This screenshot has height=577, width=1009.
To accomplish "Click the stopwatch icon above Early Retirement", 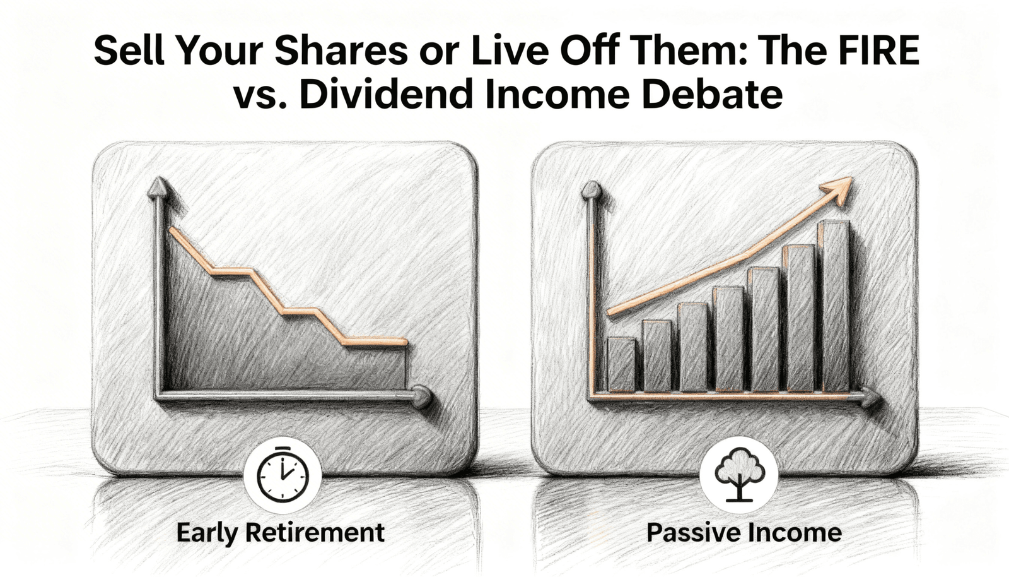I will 283,475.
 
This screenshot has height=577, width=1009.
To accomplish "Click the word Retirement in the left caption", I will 315,533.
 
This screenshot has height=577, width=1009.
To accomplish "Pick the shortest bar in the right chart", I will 621,365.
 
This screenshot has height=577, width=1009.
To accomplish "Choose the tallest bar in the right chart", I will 834,306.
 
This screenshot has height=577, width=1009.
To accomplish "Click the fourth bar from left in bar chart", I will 728,339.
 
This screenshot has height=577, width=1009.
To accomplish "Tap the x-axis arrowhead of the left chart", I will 423,397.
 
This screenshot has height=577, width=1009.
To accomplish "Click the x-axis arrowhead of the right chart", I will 872,398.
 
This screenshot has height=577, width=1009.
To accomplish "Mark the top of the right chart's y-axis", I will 591,189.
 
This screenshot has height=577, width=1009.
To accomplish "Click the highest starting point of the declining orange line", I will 171,229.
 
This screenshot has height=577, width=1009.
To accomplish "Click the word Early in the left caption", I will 207,533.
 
